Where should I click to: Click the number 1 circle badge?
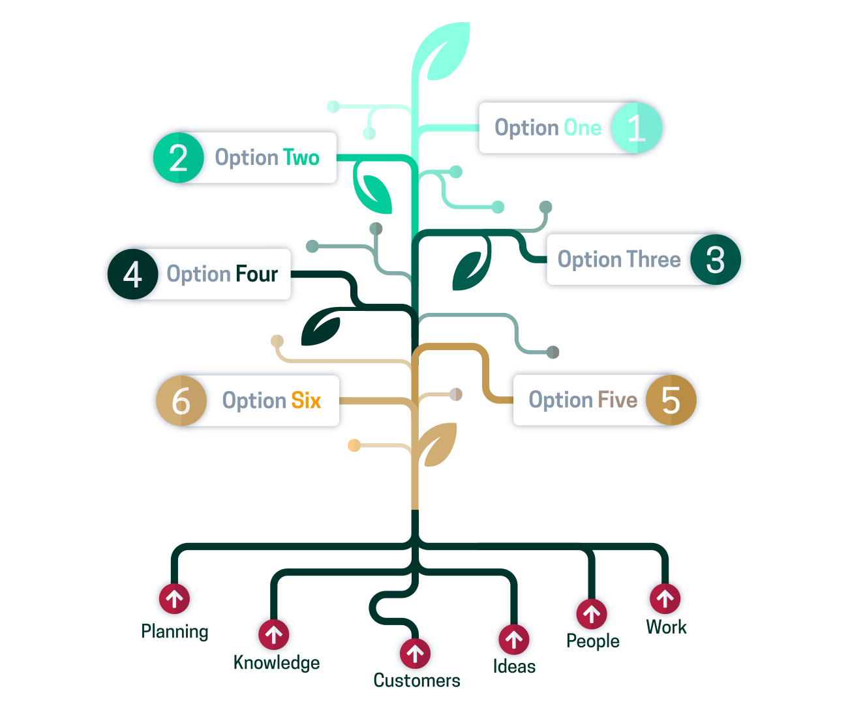point(636,128)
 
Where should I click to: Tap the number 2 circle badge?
point(178,158)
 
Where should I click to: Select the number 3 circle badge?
point(716,259)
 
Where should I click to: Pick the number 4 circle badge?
point(132,274)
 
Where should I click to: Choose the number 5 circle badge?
point(671,400)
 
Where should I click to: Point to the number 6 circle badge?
point(181,400)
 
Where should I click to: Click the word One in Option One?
point(583,128)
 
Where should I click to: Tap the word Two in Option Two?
point(301,158)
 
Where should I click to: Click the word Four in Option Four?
point(256,274)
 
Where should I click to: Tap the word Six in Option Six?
point(306,400)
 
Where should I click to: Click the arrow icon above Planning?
point(174,598)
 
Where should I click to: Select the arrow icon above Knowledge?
point(274,634)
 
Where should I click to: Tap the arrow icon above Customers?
point(415,653)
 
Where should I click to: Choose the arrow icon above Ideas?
point(513,639)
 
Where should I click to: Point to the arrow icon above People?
point(592,613)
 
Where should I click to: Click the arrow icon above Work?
point(665,598)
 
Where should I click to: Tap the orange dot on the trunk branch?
point(354,445)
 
